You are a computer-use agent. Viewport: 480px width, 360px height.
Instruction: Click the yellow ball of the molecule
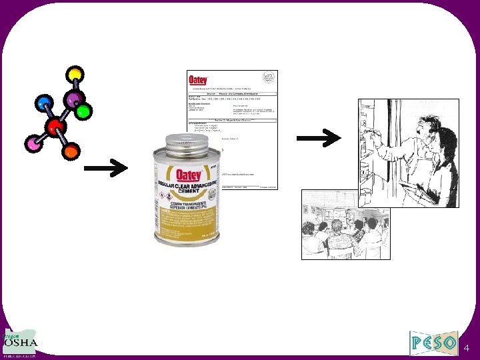tap(75, 73)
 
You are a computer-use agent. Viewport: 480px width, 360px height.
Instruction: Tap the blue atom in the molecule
tap(43, 103)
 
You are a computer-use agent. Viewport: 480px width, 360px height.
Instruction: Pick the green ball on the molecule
tap(83, 111)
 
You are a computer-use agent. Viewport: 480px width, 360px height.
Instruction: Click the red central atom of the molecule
tap(55, 127)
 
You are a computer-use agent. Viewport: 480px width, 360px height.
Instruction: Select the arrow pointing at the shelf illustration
tap(318, 139)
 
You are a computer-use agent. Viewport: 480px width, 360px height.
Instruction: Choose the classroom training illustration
tap(345, 224)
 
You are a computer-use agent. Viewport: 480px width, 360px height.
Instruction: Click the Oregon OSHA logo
tap(21, 344)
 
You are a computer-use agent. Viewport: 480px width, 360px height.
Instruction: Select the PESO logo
tap(434, 343)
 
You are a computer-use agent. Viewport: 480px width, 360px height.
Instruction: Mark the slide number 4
tap(466, 347)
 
